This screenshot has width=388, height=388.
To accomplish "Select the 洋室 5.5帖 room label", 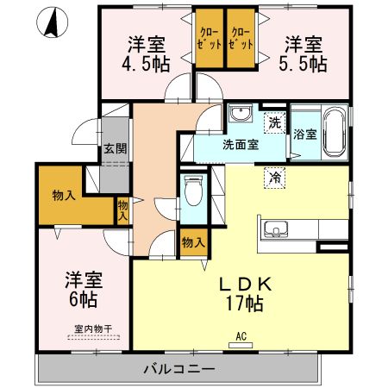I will [304, 53].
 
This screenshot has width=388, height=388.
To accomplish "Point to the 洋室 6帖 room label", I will [83, 291].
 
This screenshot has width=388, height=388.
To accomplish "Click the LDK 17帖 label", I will [244, 293].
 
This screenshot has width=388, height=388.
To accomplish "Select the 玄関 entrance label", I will [116, 148].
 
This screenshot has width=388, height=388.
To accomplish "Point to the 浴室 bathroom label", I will [304, 135].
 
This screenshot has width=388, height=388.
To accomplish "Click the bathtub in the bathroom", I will [335, 132].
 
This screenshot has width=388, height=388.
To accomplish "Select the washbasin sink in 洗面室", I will [241, 115].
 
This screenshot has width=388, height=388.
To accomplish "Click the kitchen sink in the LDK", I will [277, 228].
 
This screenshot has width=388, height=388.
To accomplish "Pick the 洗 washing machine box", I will [273, 122].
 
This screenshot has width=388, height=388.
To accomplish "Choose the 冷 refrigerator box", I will [273, 177].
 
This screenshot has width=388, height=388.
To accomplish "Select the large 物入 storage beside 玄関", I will [64, 196].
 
